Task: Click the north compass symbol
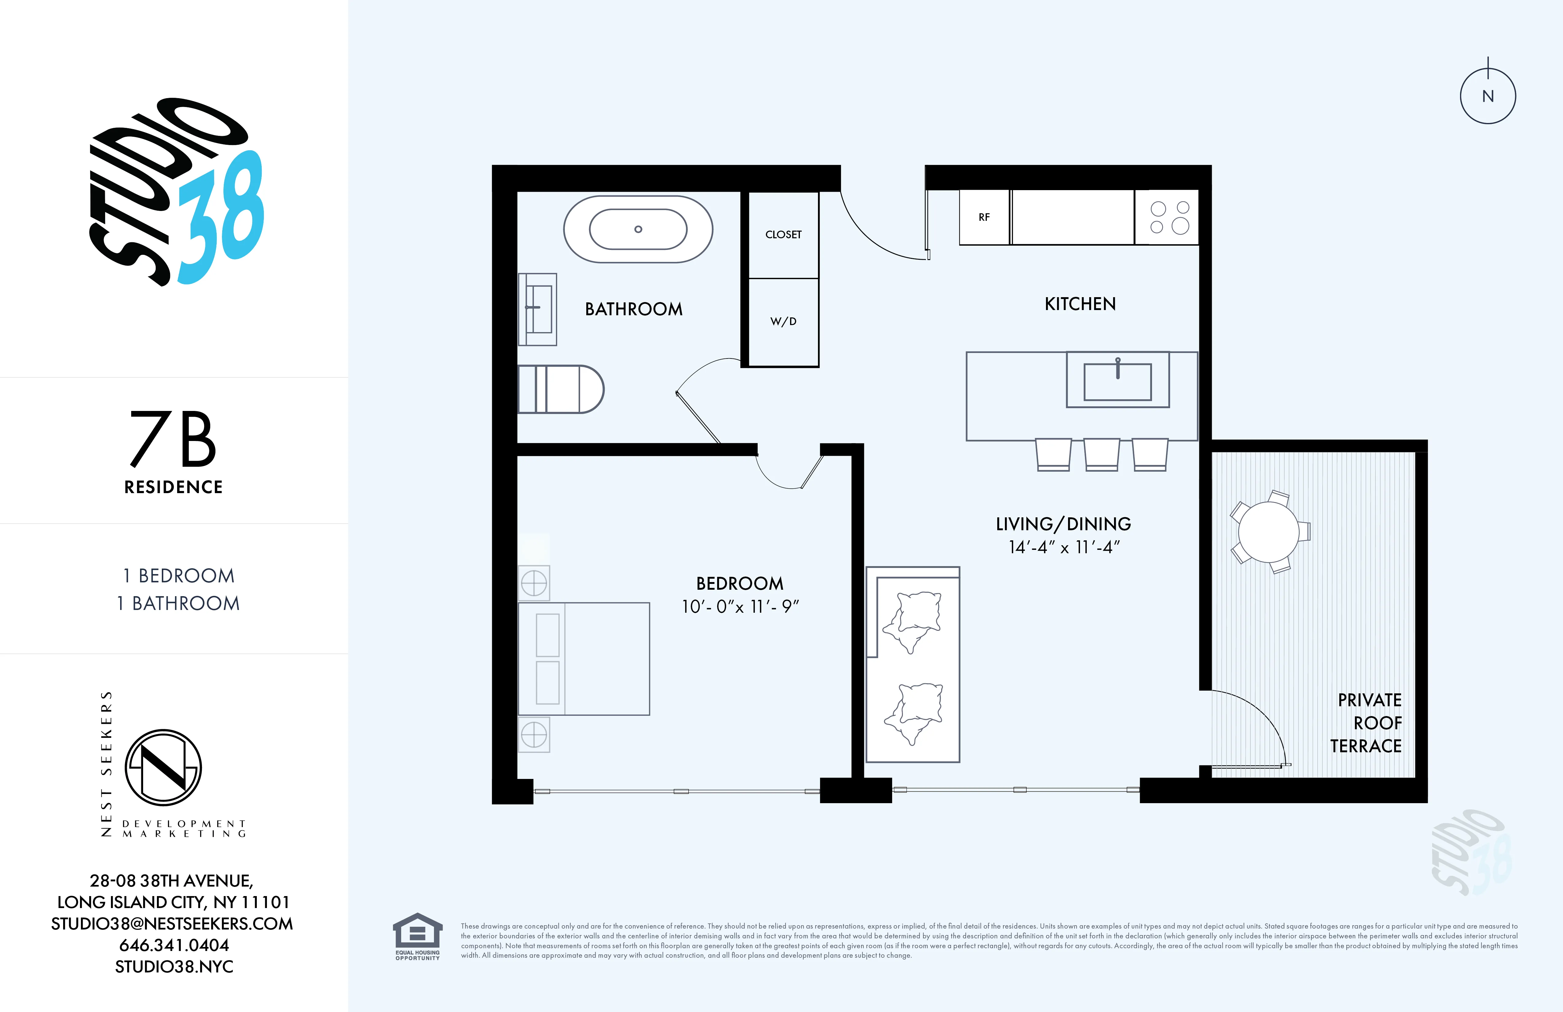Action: (x=1488, y=96)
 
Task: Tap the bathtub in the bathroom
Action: (x=638, y=229)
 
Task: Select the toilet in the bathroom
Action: (x=560, y=389)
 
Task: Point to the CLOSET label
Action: (x=783, y=235)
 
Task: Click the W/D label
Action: (x=783, y=321)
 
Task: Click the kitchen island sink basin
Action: (x=1117, y=382)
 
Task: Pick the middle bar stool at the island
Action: (x=1101, y=454)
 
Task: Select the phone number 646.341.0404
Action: (x=174, y=945)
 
